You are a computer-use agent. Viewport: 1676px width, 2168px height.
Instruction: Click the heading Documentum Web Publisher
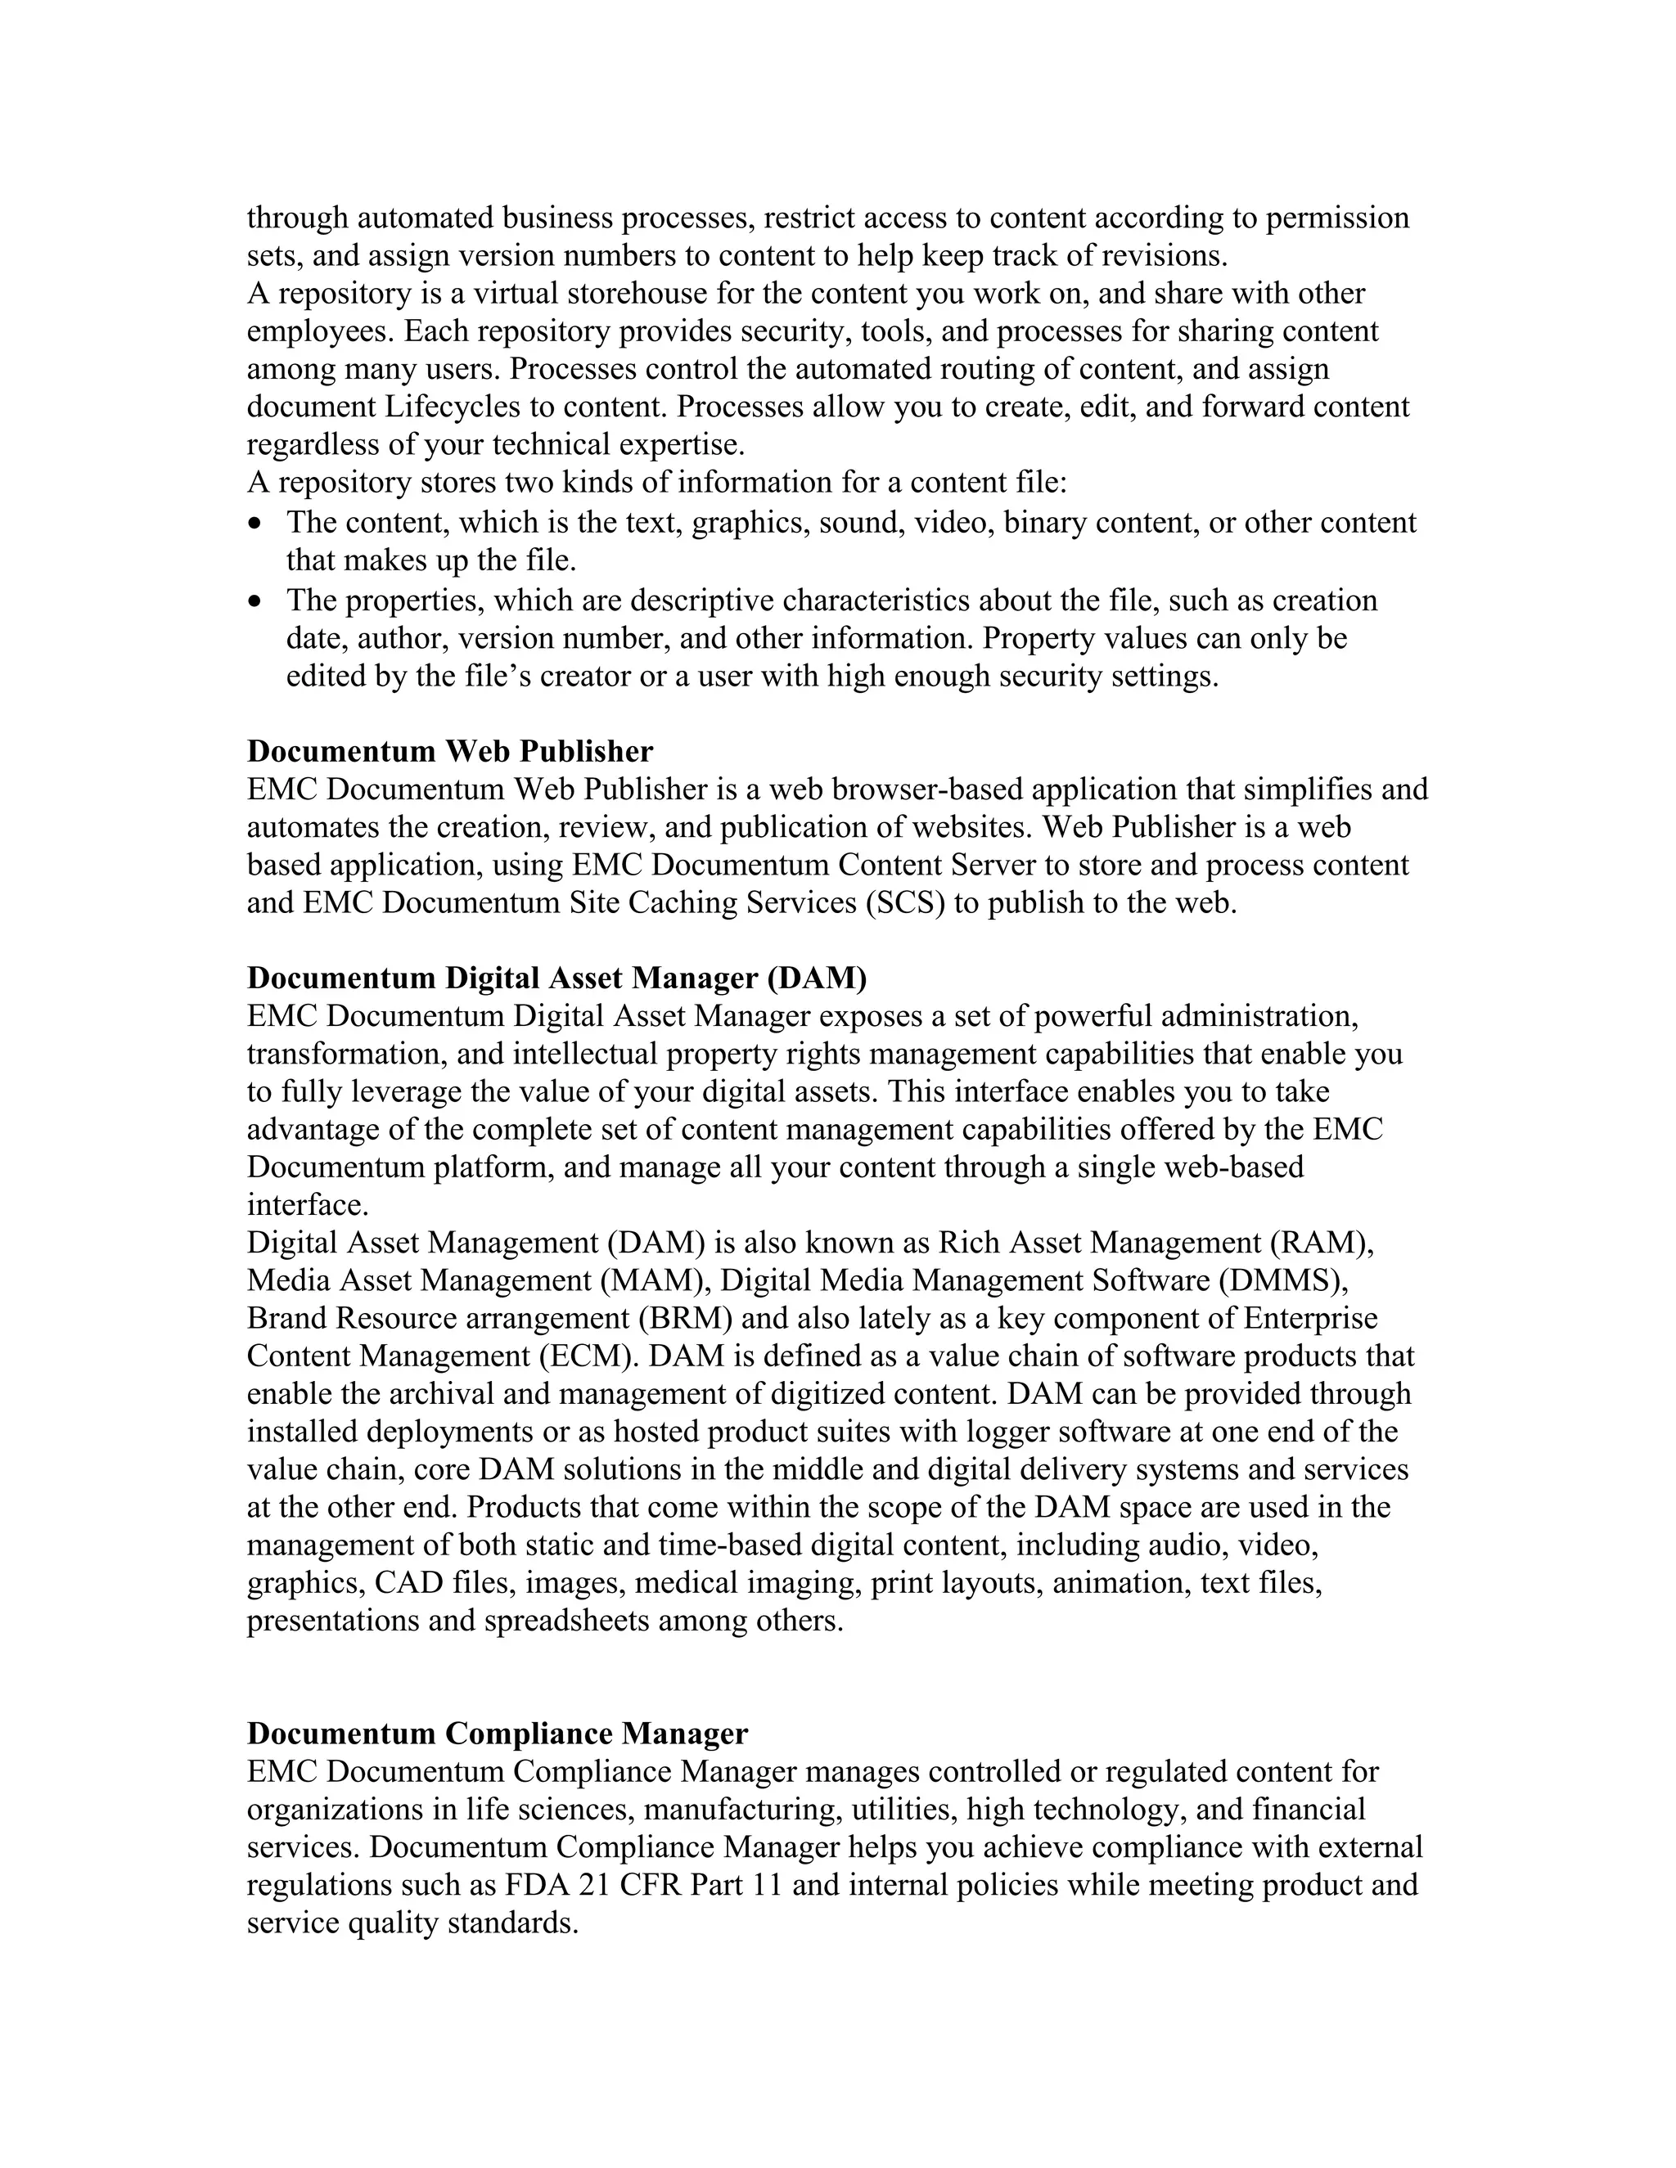(x=450, y=752)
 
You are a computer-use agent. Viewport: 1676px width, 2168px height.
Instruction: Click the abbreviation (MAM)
(x=656, y=1280)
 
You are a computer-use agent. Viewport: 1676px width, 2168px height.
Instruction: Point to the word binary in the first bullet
(x=1047, y=523)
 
